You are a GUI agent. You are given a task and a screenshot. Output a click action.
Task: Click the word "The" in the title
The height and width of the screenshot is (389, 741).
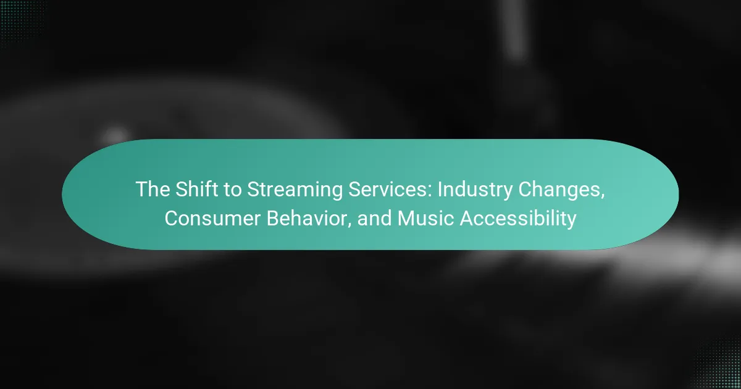point(153,189)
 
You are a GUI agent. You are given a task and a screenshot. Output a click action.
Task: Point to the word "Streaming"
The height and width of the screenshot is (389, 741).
point(295,191)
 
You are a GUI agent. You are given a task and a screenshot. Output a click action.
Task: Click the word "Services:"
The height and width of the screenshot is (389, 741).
point(390,189)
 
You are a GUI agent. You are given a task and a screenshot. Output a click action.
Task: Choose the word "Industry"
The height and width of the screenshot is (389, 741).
point(475,191)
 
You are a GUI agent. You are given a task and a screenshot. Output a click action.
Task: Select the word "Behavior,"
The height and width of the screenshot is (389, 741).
point(309,219)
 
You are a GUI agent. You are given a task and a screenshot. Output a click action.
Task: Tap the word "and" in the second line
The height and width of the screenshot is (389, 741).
point(375,219)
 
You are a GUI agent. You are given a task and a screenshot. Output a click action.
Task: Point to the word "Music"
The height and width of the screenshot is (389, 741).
point(425,219)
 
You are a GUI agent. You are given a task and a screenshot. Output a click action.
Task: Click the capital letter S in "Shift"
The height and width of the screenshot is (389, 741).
point(182,189)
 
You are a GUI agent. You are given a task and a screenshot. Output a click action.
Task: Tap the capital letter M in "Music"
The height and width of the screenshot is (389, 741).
point(405,219)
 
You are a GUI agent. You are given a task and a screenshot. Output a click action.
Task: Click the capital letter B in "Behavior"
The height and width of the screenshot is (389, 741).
point(273,219)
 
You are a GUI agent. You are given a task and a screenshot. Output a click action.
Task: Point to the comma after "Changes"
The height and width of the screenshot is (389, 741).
point(603,196)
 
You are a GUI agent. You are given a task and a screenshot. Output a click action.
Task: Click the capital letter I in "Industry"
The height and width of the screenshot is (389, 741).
point(440,189)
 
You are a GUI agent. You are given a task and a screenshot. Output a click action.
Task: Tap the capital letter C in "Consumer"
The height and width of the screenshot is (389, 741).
point(172,219)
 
